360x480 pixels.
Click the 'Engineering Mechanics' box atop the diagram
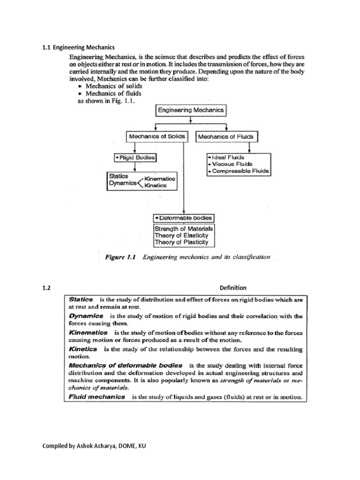190,110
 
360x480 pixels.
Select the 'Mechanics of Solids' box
157,137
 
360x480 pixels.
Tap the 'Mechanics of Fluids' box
226,137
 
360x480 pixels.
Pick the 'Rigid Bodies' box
135,158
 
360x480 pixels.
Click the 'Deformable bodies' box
183,218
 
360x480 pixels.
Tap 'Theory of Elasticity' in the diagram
181,236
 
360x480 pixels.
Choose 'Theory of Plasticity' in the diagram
181,242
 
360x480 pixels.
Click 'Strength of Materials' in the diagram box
184,229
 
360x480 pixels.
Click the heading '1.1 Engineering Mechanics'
79,47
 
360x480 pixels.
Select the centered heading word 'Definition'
233,287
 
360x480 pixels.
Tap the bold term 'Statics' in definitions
81,299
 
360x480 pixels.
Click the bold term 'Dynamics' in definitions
84,316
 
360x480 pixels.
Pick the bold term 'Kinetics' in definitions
83,349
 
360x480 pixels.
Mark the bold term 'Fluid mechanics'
97,397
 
